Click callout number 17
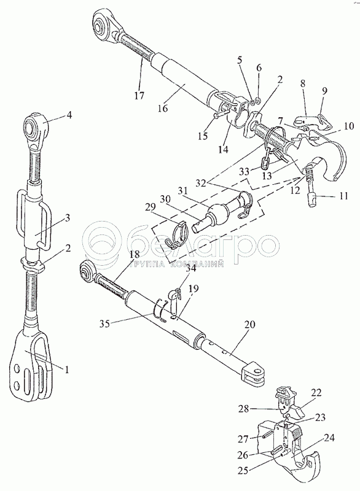(x=139, y=95)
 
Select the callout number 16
(x=163, y=109)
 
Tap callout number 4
(x=69, y=115)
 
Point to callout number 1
(x=67, y=370)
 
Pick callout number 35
(x=105, y=323)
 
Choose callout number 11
(x=343, y=196)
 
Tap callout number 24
(x=329, y=438)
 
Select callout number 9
(x=324, y=91)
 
